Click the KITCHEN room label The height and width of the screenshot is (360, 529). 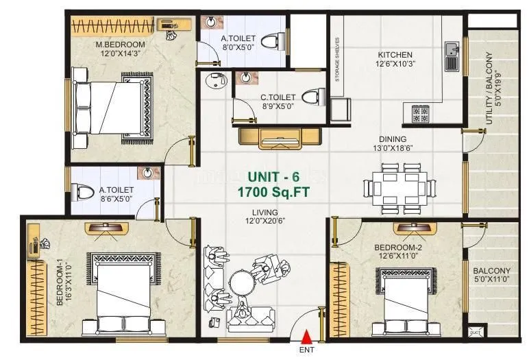click(x=395, y=55)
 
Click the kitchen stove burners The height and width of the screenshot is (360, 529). click(x=420, y=112)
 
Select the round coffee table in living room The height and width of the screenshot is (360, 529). click(x=242, y=282)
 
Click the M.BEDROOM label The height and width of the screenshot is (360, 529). click(x=120, y=45)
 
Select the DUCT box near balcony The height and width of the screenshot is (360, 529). click(x=473, y=333)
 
